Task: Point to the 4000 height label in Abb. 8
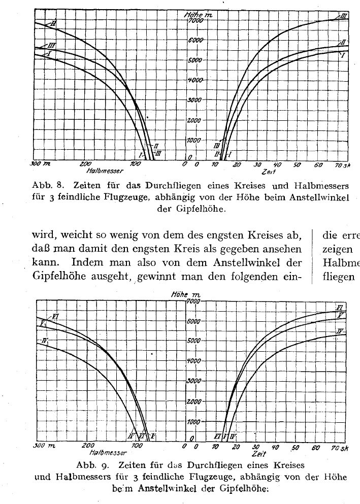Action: pyautogui.click(x=195, y=80)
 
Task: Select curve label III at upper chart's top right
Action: pyautogui.click(x=343, y=17)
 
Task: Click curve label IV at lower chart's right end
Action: pyautogui.click(x=341, y=331)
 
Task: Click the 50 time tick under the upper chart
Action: pyautogui.click(x=297, y=165)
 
